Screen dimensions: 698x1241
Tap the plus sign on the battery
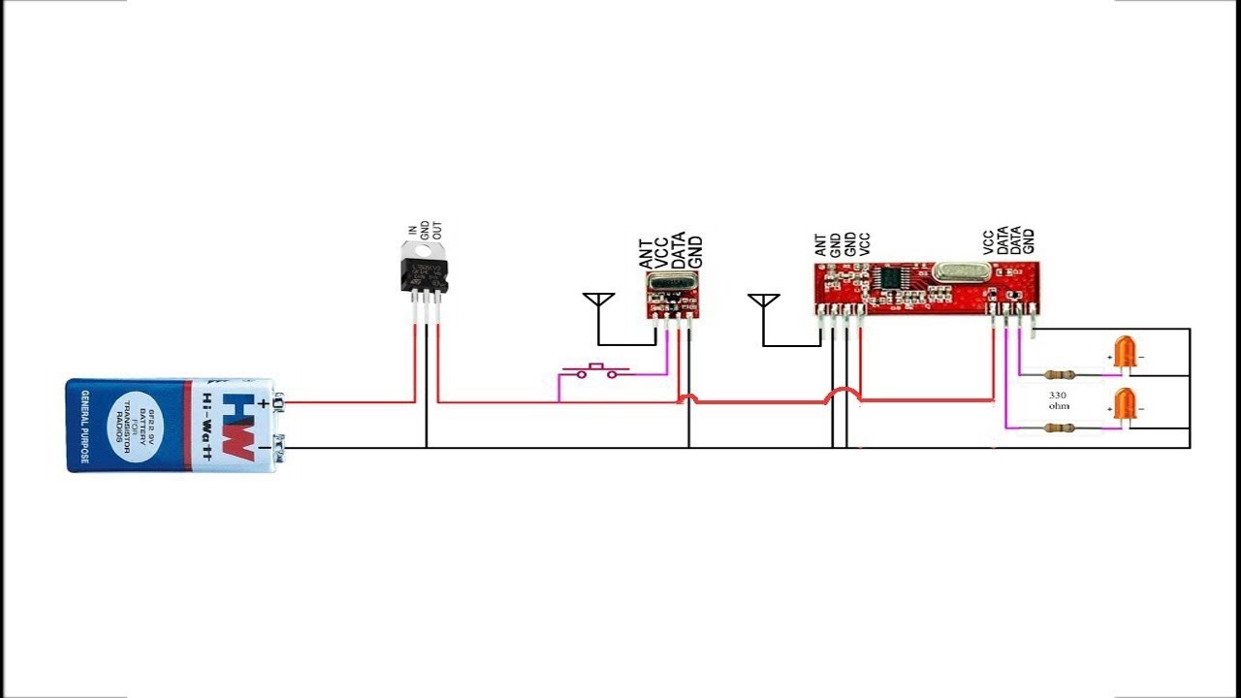(x=263, y=386)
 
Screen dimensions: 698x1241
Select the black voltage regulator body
(x=425, y=271)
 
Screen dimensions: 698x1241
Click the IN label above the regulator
(x=412, y=231)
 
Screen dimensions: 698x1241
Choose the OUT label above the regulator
(x=437, y=233)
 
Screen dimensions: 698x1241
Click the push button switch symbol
(x=596, y=368)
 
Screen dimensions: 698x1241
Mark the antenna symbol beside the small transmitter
(x=598, y=300)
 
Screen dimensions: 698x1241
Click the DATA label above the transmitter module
(x=680, y=250)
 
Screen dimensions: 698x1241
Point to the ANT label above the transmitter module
(x=647, y=254)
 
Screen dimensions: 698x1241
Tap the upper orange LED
(x=1126, y=353)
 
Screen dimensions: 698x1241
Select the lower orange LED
(x=1126, y=405)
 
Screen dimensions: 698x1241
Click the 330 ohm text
(x=1059, y=400)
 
